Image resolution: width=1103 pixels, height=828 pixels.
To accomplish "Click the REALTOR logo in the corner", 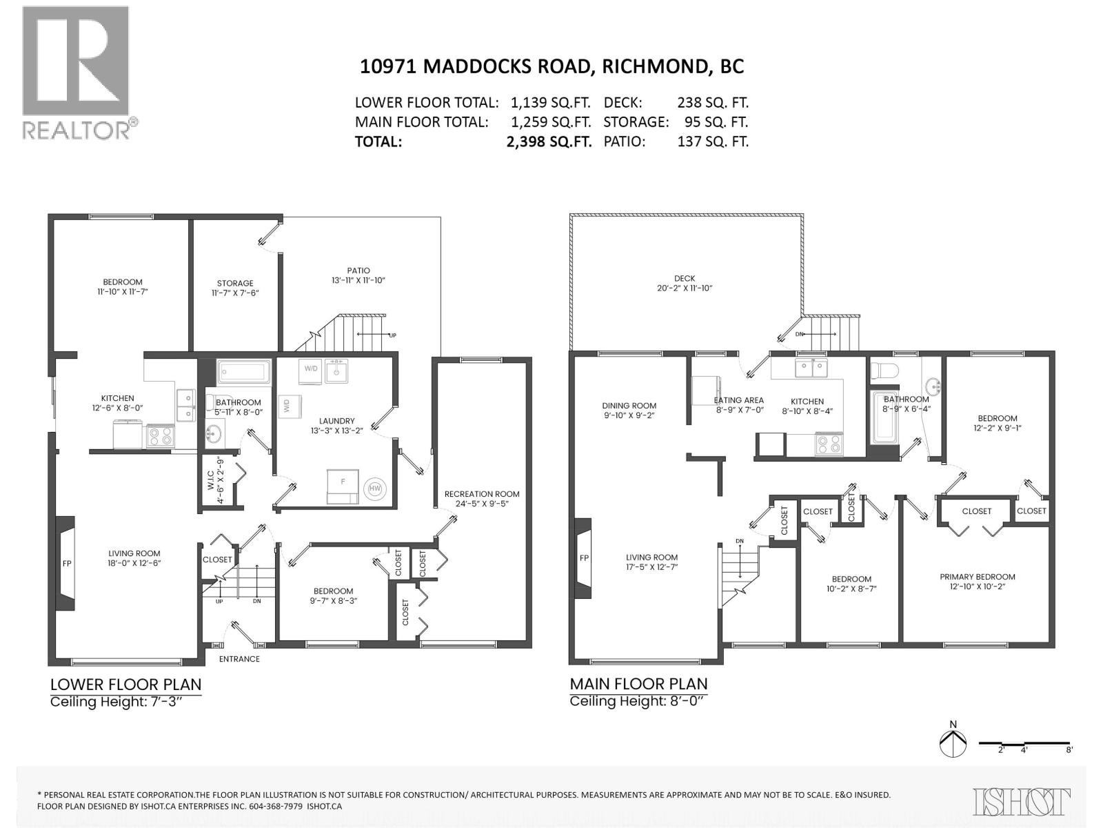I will (x=76, y=72).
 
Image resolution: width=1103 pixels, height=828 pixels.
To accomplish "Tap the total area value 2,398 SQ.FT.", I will (x=548, y=141).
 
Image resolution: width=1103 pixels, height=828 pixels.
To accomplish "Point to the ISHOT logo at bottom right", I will (x=1022, y=802).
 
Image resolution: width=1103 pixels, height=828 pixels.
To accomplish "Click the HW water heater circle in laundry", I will (x=375, y=489).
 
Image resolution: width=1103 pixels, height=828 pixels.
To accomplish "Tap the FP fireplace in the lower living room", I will (x=66, y=563).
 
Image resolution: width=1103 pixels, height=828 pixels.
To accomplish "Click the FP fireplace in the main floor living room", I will (x=583, y=558).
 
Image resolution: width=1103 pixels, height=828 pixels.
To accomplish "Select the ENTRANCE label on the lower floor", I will (x=239, y=659).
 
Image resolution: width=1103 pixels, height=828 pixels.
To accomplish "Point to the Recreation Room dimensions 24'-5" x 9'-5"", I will (x=482, y=504).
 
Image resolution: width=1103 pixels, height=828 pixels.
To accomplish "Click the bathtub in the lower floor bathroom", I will (x=244, y=373).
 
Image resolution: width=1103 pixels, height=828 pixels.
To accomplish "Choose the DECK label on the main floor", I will (x=685, y=278).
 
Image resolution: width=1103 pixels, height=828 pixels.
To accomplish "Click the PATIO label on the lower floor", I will (x=358, y=270).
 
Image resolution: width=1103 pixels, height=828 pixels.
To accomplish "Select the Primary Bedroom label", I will (x=977, y=577).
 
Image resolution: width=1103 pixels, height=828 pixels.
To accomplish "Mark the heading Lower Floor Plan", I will (x=125, y=684).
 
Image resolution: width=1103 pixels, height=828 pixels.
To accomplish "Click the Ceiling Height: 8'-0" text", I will (x=638, y=701).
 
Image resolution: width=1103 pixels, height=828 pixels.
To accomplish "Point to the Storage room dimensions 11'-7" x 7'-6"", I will (x=235, y=293).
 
